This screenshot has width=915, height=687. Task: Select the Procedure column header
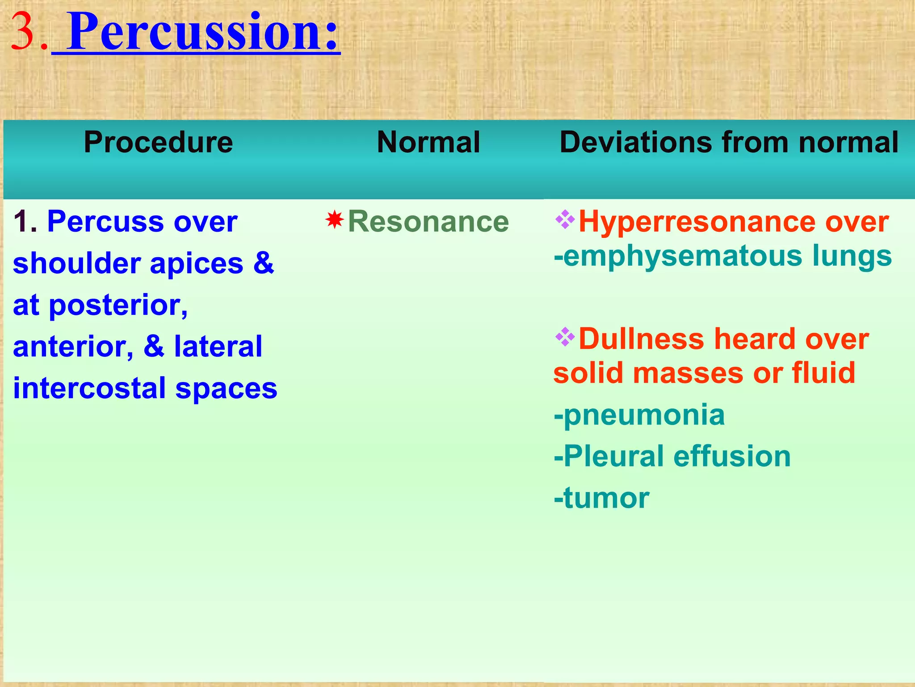(158, 142)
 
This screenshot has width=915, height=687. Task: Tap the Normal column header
(428, 142)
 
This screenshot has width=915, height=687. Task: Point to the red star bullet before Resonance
(335, 220)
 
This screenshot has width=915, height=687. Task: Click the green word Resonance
(428, 221)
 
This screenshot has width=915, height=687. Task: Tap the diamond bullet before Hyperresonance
(565, 220)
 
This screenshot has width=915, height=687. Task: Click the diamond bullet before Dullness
(565, 337)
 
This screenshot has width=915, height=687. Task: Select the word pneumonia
(644, 415)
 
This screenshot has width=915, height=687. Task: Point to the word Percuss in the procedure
(105, 221)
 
